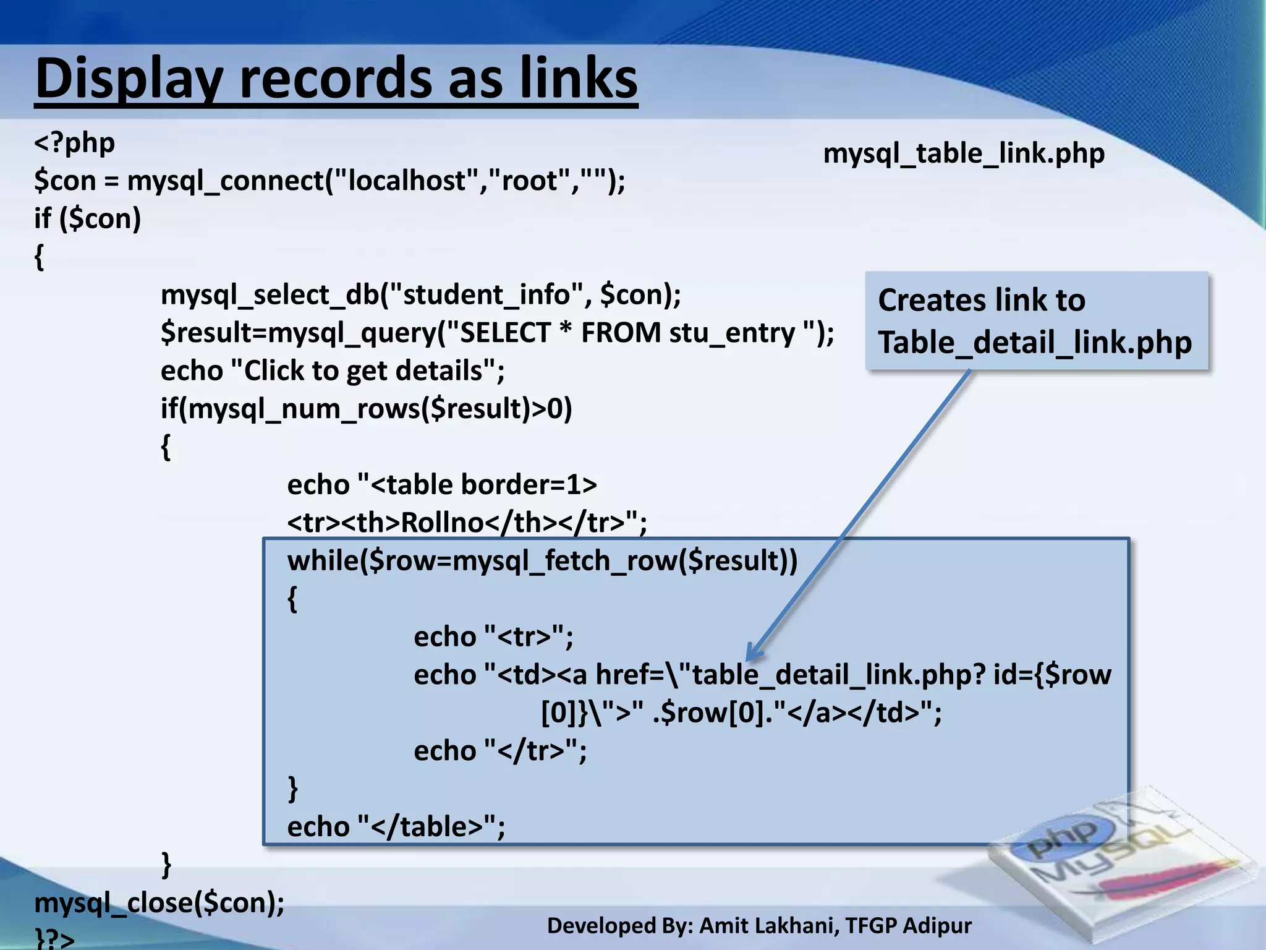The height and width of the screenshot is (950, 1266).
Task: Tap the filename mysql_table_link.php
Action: (963, 153)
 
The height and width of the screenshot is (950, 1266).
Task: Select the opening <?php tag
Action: (75, 143)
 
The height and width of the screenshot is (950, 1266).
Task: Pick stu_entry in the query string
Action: (732, 333)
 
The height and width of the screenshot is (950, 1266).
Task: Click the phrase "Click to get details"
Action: (363, 371)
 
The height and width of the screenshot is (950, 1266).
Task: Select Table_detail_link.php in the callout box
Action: (1035, 342)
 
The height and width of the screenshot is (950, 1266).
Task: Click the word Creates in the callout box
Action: (932, 301)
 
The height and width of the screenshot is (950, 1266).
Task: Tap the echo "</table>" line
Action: (396, 827)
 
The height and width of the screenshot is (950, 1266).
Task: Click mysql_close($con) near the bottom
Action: (159, 903)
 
